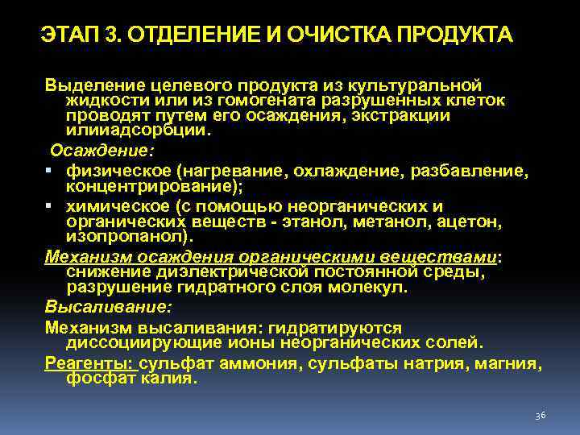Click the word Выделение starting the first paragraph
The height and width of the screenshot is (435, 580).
91,85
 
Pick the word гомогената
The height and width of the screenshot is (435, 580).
277,101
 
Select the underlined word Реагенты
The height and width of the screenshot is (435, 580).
89,363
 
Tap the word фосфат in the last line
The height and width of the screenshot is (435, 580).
99,378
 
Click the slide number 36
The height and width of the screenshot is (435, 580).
541,415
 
